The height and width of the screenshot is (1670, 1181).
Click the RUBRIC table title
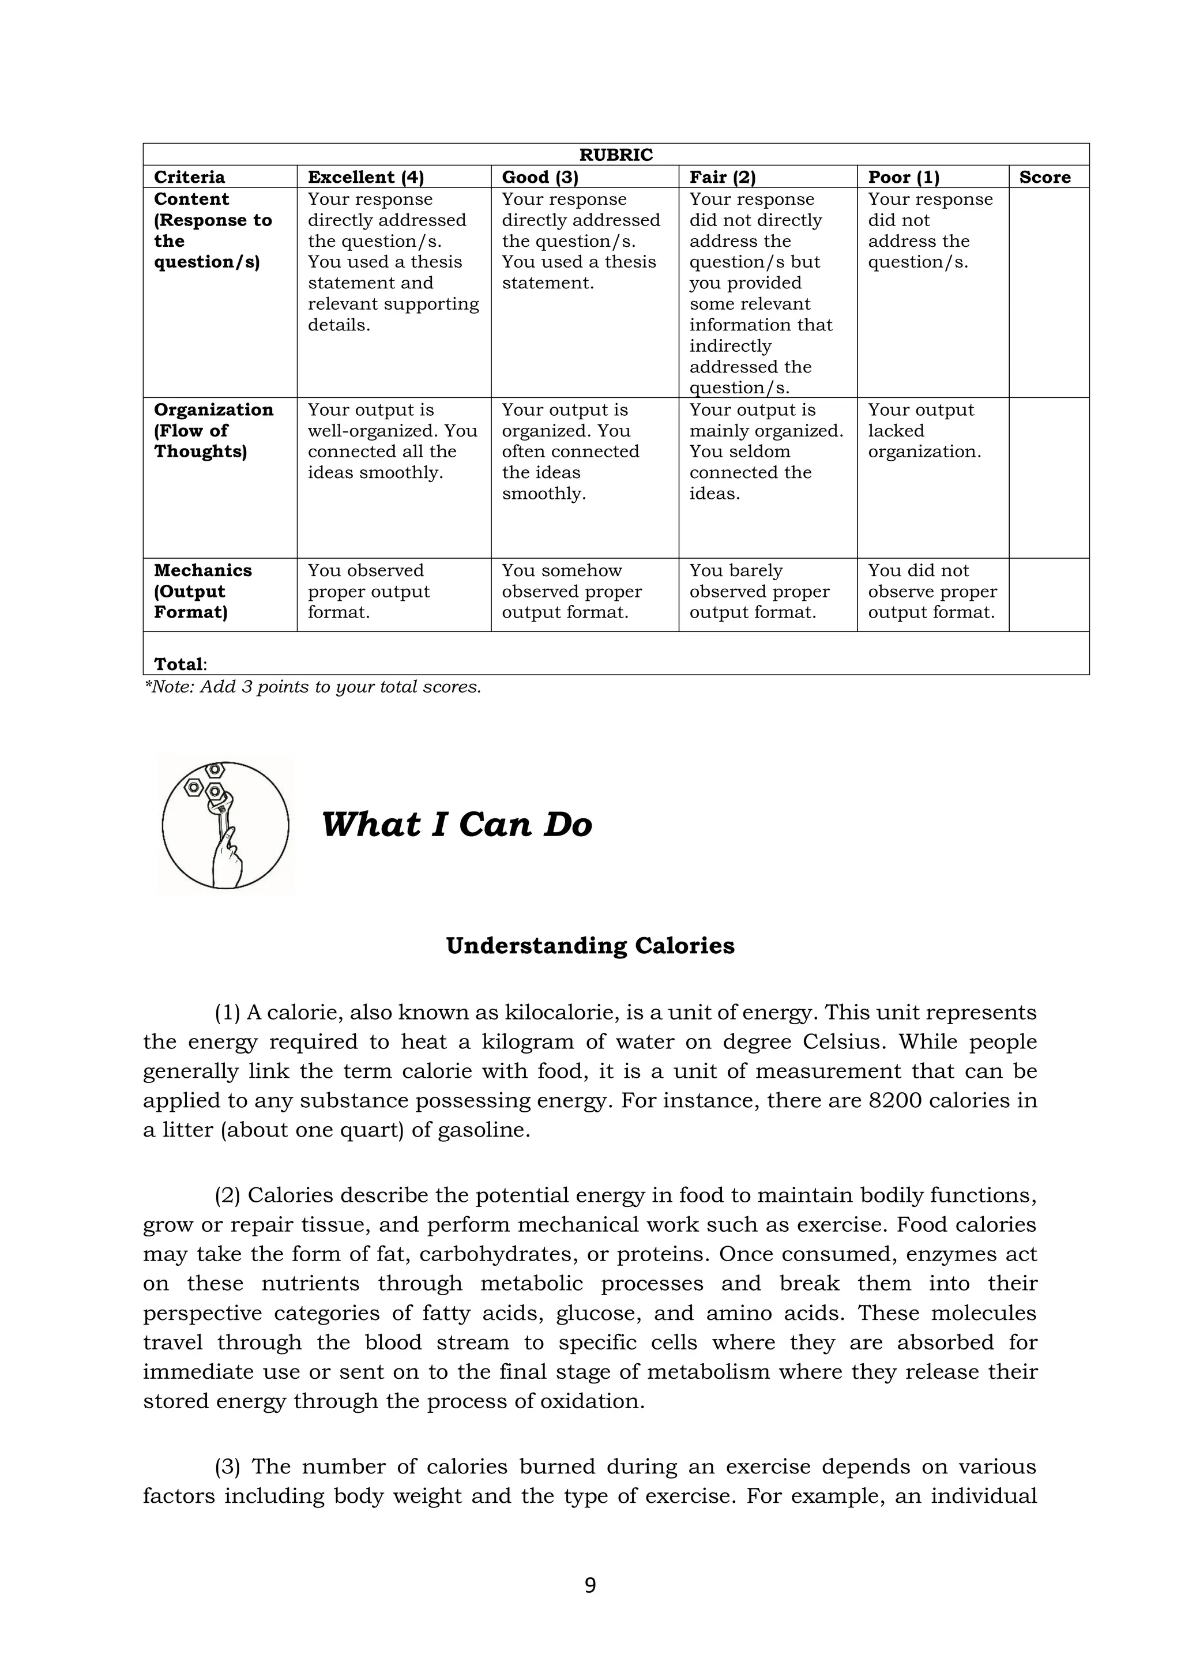click(x=615, y=155)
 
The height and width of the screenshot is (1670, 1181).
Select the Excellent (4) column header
click(x=366, y=178)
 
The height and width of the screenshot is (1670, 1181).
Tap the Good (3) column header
click(x=540, y=178)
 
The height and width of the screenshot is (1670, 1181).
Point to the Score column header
click(x=1044, y=178)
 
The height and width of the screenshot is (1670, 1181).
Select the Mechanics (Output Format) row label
click(x=202, y=591)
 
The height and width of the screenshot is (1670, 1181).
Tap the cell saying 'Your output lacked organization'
click(x=924, y=431)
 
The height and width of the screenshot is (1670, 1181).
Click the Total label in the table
click(x=179, y=664)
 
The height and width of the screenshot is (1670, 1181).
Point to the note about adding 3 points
click(x=313, y=687)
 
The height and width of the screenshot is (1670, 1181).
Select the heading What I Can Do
click(x=457, y=825)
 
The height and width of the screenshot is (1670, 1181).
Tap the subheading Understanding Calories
click(x=590, y=946)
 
